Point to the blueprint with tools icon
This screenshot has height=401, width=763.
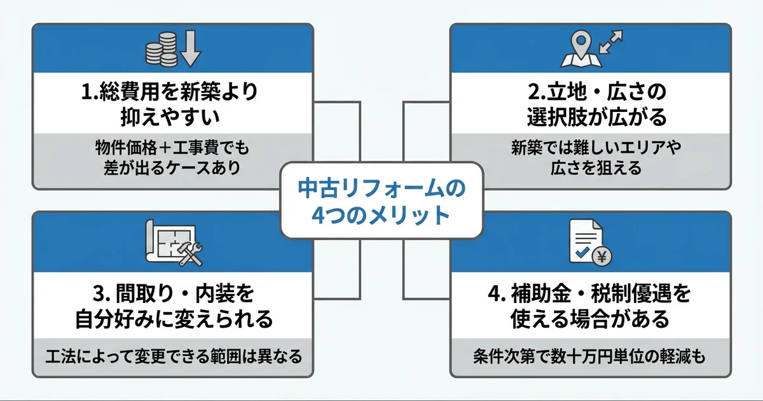pyautogui.click(x=172, y=243)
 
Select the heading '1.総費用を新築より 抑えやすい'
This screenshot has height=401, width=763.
pyautogui.click(x=172, y=104)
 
